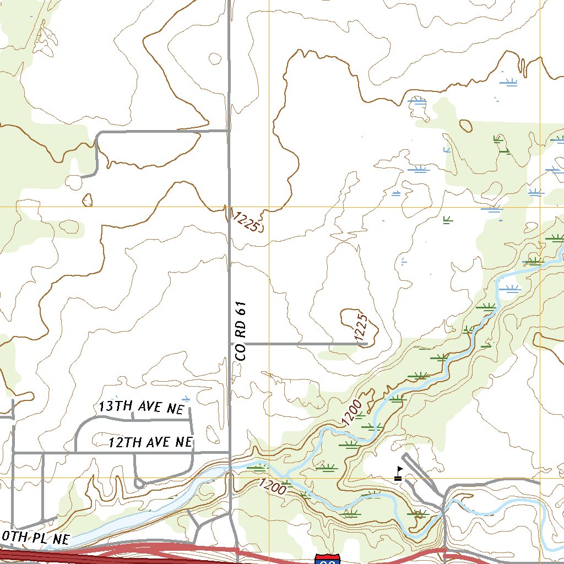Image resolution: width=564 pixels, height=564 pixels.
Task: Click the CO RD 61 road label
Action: pyautogui.click(x=241, y=331)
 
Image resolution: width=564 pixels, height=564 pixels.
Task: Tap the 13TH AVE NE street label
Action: pyautogui.click(x=140, y=407)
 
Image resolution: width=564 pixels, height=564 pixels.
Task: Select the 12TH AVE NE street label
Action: pyautogui.click(x=150, y=442)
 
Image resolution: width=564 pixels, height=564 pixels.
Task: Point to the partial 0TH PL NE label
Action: pyautogui.click(x=35, y=538)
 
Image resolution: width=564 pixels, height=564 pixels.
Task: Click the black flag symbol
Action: pyautogui.click(x=398, y=474)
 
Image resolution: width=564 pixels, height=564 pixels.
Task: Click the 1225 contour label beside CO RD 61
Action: pyautogui.click(x=246, y=221)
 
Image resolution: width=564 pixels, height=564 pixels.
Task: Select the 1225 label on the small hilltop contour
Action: pyautogui.click(x=361, y=327)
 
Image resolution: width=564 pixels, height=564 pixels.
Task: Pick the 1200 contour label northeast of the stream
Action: pyautogui.click(x=351, y=413)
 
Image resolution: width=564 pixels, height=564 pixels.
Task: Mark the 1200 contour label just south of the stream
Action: pyautogui.click(x=272, y=486)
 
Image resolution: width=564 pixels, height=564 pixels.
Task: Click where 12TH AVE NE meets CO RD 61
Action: pyautogui.click(x=229, y=452)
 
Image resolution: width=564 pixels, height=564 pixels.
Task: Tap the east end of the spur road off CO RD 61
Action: pyautogui.click(x=366, y=344)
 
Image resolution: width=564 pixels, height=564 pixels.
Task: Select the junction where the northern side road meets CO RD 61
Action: pyautogui.click(x=229, y=131)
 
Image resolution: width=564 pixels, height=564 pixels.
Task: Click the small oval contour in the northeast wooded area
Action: pyautogui.click(x=465, y=126)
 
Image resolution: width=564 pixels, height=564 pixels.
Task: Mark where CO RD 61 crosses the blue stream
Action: pyautogui.click(x=230, y=469)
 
